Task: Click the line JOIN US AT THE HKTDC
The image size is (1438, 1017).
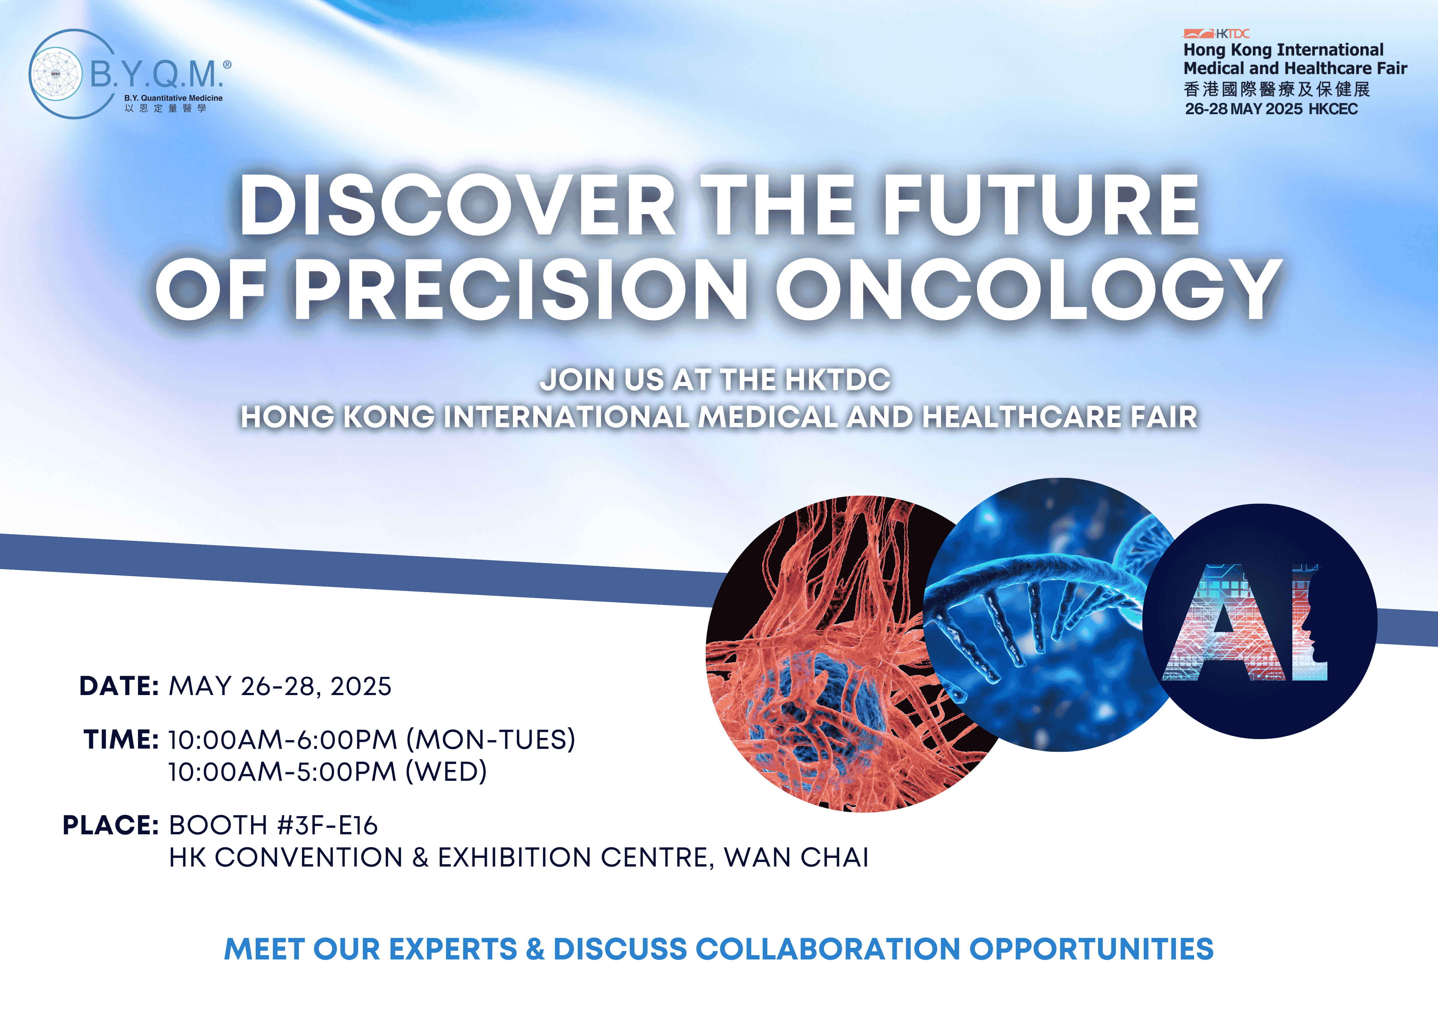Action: (715, 380)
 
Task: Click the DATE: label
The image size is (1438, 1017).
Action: (119, 686)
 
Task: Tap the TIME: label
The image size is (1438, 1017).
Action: (121, 739)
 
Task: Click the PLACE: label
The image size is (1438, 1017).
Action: (111, 825)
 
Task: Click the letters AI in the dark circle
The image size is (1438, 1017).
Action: (1244, 623)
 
